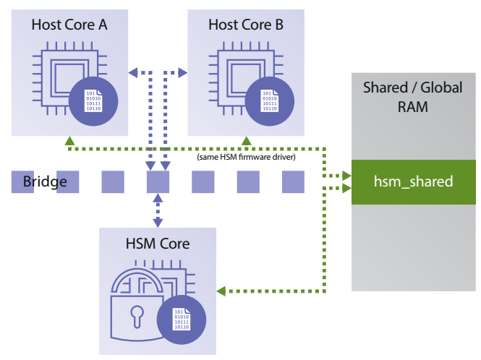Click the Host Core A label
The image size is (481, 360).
(x=69, y=25)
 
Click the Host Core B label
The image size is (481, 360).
(x=246, y=25)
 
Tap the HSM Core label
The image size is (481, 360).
(x=158, y=243)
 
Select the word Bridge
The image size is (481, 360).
(x=45, y=181)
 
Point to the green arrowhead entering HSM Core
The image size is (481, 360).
(x=222, y=291)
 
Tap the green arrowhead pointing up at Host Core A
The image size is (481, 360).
(x=69, y=140)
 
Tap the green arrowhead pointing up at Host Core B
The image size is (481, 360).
(x=246, y=140)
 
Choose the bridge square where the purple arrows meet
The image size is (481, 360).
(x=158, y=181)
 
